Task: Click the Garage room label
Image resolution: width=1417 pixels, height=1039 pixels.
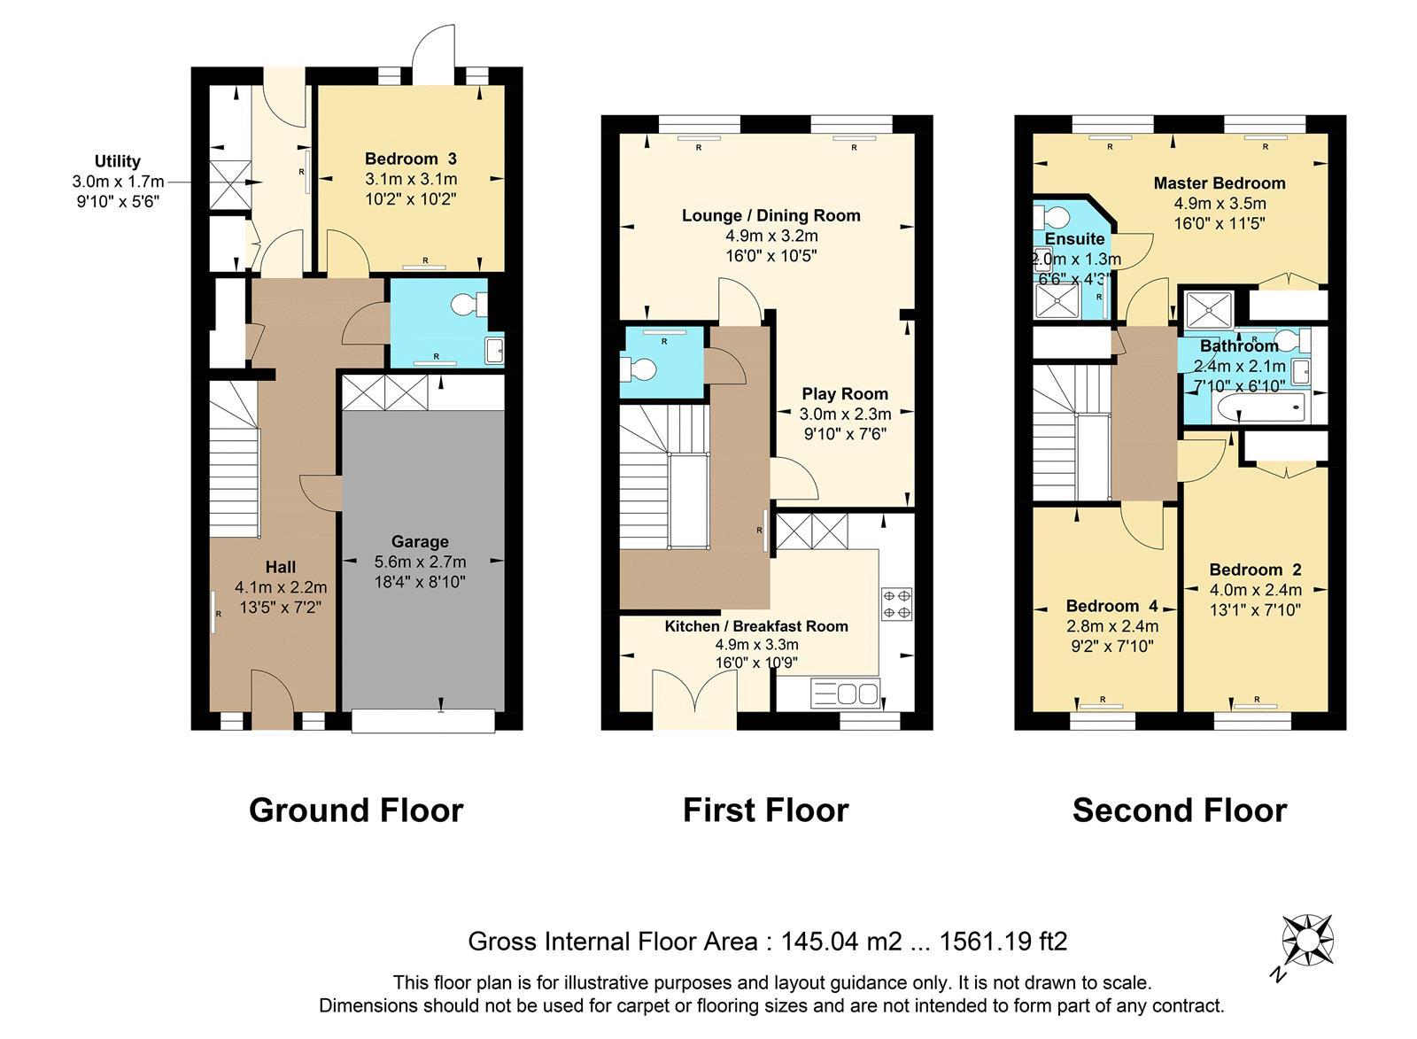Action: tap(420, 541)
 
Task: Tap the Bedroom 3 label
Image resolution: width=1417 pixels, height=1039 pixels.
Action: tap(411, 159)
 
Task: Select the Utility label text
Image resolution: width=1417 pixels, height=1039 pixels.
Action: tap(118, 161)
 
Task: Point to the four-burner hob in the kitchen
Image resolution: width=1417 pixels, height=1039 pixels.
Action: tap(895, 603)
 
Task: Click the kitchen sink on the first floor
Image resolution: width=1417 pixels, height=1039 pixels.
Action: tap(845, 693)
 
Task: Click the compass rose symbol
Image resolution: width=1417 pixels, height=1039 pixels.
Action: tap(1308, 940)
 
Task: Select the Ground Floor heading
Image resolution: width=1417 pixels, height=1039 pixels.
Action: tap(356, 810)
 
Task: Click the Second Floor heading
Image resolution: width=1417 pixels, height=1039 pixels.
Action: tap(1179, 810)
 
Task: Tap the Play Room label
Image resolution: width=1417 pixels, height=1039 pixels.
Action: tap(845, 394)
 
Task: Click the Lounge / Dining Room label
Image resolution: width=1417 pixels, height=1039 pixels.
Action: tap(770, 215)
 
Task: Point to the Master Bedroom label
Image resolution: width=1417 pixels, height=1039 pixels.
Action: tap(1219, 183)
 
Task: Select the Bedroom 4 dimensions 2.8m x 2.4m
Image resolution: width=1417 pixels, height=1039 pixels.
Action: tap(1111, 626)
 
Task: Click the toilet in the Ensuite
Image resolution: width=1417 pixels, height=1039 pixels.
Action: tap(1055, 217)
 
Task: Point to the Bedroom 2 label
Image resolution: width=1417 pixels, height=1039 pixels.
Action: tap(1255, 570)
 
